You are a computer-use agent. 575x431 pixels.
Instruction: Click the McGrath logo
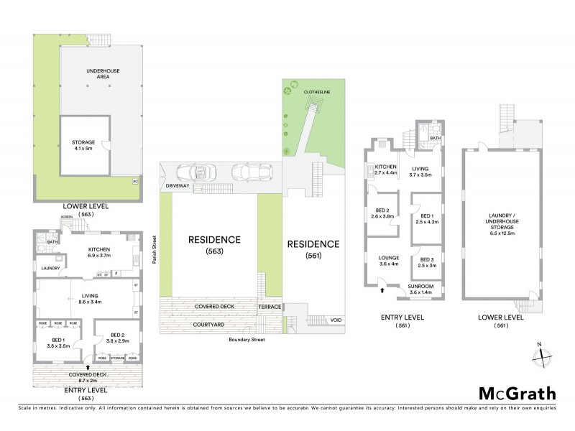517,393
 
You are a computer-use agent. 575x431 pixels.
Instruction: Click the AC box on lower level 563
134,181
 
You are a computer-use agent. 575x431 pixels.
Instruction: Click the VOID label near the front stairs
336,320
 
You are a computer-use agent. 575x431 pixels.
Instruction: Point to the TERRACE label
269,307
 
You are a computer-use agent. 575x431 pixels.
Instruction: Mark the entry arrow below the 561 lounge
382,291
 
